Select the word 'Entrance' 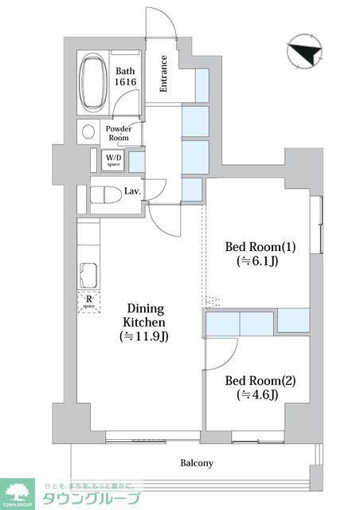[163, 73]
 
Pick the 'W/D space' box [114, 160]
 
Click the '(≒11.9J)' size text [144, 336]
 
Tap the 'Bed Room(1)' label [256, 245]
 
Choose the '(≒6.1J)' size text [256, 261]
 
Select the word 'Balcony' [195, 463]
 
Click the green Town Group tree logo [18, 492]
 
